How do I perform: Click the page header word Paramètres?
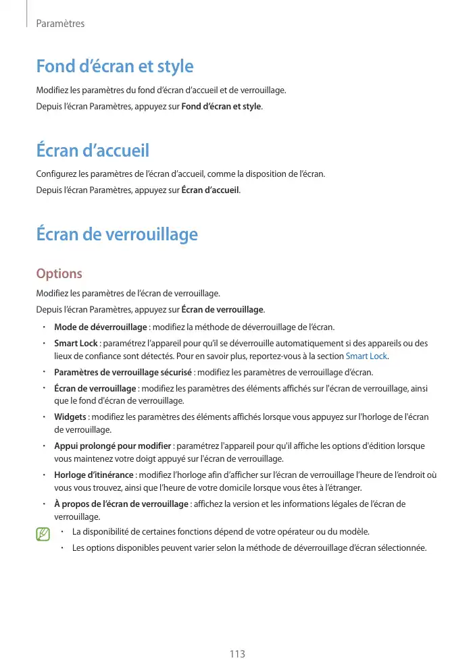[60, 24]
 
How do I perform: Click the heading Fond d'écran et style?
[114, 66]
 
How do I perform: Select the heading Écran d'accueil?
[92, 150]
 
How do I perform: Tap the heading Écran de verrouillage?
[116, 234]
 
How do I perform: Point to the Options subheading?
[59, 273]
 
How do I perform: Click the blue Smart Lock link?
[367, 356]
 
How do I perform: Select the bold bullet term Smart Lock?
[76, 344]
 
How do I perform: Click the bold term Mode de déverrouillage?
[101, 327]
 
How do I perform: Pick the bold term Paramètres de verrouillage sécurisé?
[123, 373]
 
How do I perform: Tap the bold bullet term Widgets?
[70, 417]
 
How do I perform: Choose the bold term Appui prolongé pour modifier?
[112, 447]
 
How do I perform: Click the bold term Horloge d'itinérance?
[94, 475]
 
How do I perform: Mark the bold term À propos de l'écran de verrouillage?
[121, 504]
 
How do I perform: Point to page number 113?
[237, 654]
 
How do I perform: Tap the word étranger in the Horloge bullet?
[345, 487]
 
